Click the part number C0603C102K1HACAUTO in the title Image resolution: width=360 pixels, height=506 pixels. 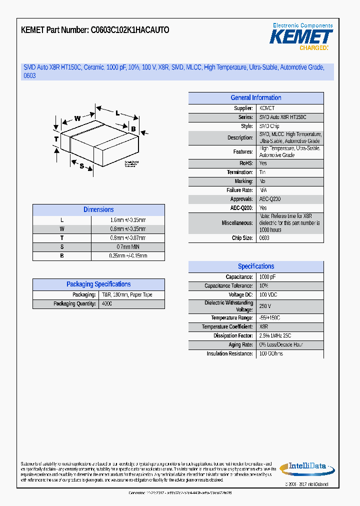pos(129,30)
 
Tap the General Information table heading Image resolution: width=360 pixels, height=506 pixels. pos(255,98)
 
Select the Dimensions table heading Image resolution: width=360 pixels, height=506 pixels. pos(98,210)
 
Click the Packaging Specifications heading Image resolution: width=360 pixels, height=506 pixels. pos(98,284)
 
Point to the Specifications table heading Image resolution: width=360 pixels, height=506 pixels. pos(255,266)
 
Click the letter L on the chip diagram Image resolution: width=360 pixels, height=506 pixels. pos(117,113)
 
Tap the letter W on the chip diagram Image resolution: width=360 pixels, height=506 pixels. pos(77,118)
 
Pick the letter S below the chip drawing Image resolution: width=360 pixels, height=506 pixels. pos(81,166)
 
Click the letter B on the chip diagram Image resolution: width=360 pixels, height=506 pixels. pos(133,129)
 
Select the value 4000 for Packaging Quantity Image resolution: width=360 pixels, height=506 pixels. pos(107,304)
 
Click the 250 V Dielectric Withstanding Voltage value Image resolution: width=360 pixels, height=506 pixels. pos(265,306)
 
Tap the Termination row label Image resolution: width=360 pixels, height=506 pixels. pos(239,172)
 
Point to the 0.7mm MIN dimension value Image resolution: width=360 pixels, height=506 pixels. pos(128,247)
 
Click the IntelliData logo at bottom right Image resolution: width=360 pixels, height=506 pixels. pos(306,468)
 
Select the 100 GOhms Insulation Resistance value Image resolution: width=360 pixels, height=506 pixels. pos(270,354)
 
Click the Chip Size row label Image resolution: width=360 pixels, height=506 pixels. pos(242,238)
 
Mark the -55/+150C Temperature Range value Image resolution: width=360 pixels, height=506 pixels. pos(269,318)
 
